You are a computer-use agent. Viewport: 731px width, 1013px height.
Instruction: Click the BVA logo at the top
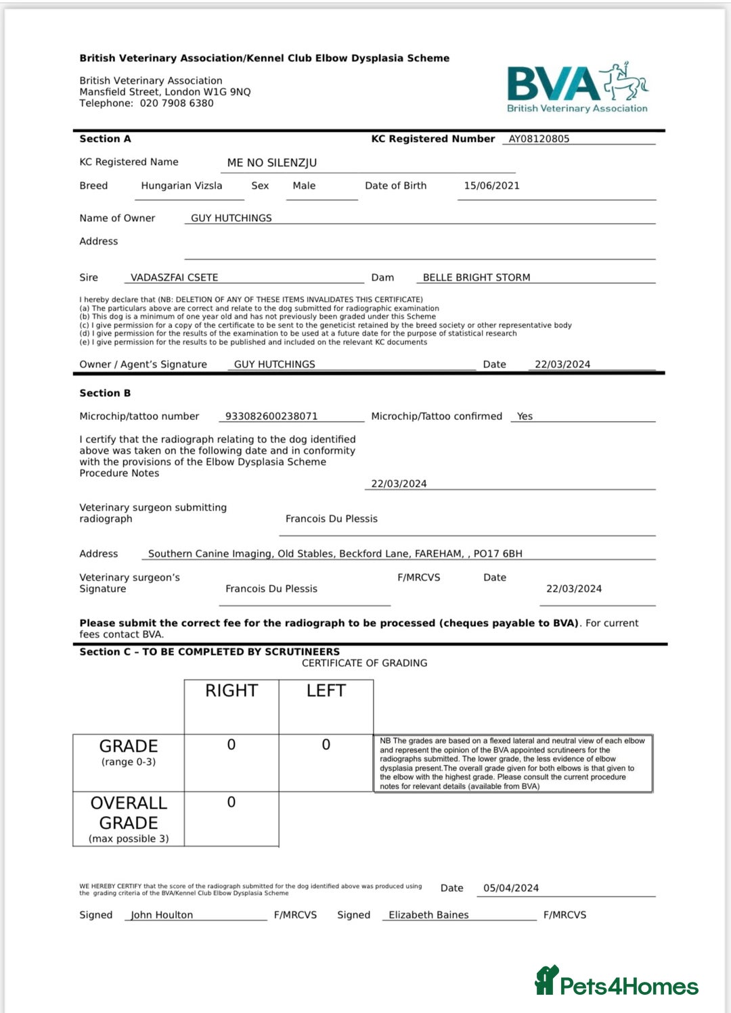coord(577,89)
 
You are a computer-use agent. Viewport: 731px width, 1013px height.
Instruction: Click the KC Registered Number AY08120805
coord(539,139)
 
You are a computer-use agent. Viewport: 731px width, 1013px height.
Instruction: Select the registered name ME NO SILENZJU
coord(272,163)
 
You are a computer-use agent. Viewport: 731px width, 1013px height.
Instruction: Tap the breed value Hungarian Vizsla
coord(181,186)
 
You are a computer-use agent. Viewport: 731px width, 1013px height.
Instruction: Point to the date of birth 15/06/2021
coord(491,186)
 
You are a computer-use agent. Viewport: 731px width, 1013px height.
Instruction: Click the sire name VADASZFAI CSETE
coord(174,277)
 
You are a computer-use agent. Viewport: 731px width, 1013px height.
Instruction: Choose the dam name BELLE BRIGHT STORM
coord(477,277)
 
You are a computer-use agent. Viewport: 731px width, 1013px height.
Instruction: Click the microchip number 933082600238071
coord(271,417)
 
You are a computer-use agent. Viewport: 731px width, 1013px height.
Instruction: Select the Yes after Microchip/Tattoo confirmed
coord(525,417)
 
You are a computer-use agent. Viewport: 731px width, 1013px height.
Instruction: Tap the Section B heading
coord(105,393)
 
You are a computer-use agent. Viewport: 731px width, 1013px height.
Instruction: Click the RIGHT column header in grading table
coord(231,690)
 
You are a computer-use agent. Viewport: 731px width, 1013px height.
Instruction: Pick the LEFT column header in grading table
coord(326,690)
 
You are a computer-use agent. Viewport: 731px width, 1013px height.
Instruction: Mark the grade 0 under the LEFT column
coord(326,745)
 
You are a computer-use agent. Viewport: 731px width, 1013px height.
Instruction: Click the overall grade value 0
coord(231,802)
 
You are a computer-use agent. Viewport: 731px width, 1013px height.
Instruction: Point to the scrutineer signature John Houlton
coord(162,915)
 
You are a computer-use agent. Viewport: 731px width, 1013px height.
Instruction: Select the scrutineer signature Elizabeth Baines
coord(428,915)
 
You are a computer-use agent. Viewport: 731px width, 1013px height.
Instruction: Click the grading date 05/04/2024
coord(511,888)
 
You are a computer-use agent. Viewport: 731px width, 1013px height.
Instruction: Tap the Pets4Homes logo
coord(617,982)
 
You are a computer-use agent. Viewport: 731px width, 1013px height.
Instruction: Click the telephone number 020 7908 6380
coord(177,103)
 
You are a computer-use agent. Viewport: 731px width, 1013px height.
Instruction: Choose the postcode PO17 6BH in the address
coord(497,554)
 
